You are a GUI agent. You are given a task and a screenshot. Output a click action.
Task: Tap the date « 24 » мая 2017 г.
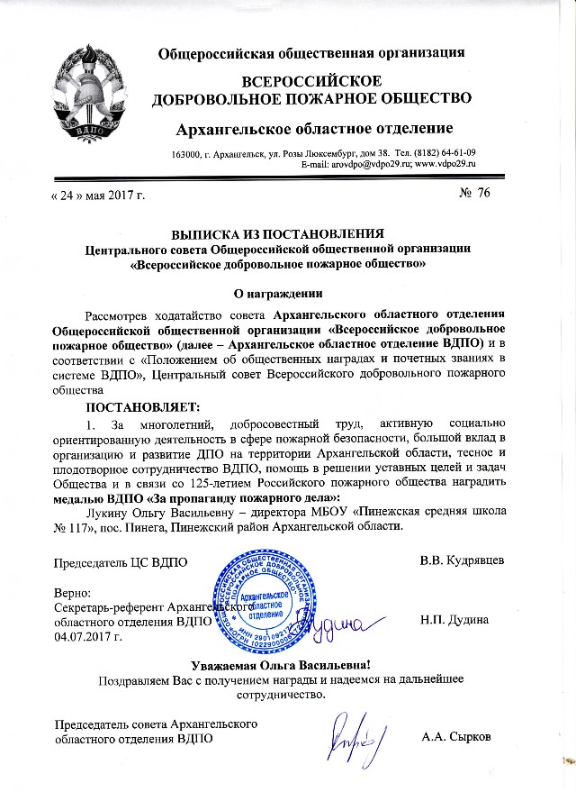(94, 195)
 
